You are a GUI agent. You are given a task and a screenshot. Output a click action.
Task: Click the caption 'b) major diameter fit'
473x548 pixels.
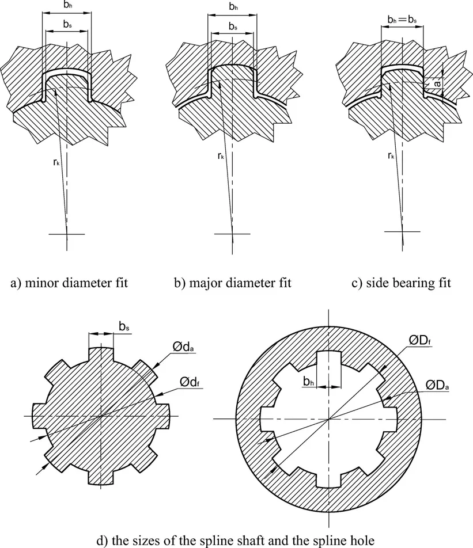point(233,283)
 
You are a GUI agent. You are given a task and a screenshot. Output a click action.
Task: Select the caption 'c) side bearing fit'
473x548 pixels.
point(395,283)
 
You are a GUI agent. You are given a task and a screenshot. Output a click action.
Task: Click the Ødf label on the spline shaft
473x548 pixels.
point(189,382)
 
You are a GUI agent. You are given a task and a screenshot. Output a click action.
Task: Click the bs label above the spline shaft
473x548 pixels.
point(124,326)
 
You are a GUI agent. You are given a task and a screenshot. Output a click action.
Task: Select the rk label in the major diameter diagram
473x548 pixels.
point(222,155)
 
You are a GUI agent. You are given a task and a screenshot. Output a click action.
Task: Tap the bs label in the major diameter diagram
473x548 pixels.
point(233,26)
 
